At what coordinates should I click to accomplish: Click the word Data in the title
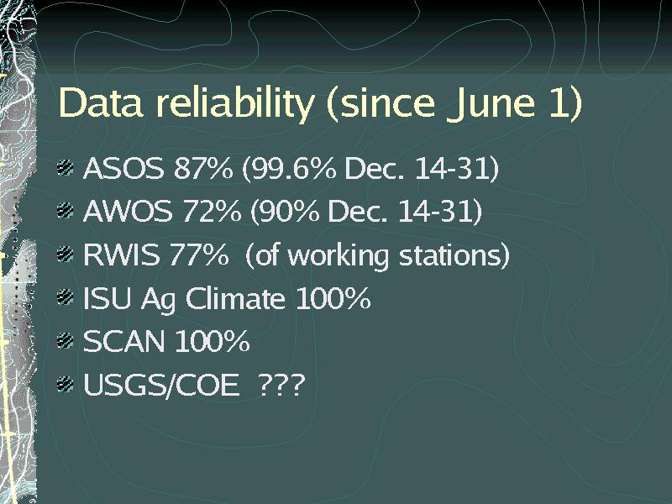pyautogui.click(x=101, y=102)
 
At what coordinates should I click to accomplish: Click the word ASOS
pyautogui.click(x=123, y=168)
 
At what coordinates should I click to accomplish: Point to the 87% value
pyautogui.click(x=203, y=168)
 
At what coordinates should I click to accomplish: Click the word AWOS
pyautogui.click(x=128, y=211)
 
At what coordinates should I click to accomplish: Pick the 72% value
pyautogui.click(x=212, y=211)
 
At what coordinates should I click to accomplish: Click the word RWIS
pyautogui.click(x=121, y=255)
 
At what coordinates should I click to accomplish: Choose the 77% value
pyautogui.click(x=199, y=255)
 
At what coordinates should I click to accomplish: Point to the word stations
pyautogui.click(x=454, y=255)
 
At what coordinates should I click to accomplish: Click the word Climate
pyautogui.click(x=235, y=298)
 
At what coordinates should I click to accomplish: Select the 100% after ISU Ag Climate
pyautogui.click(x=333, y=298)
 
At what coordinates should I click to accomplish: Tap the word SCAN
pyautogui.click(x=123, y=341)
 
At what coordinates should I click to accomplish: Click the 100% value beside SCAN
pyautogui.click(x=213, y=341)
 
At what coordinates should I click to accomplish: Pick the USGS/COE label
pyautogui.click(x=160, y=385)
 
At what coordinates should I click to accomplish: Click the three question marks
pyautogui.click(x=282, y=384)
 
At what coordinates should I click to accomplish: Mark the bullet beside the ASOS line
pyautogui.click(x=66, y=167)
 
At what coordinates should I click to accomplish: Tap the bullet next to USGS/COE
pyautogui.click(x=66, y=384)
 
